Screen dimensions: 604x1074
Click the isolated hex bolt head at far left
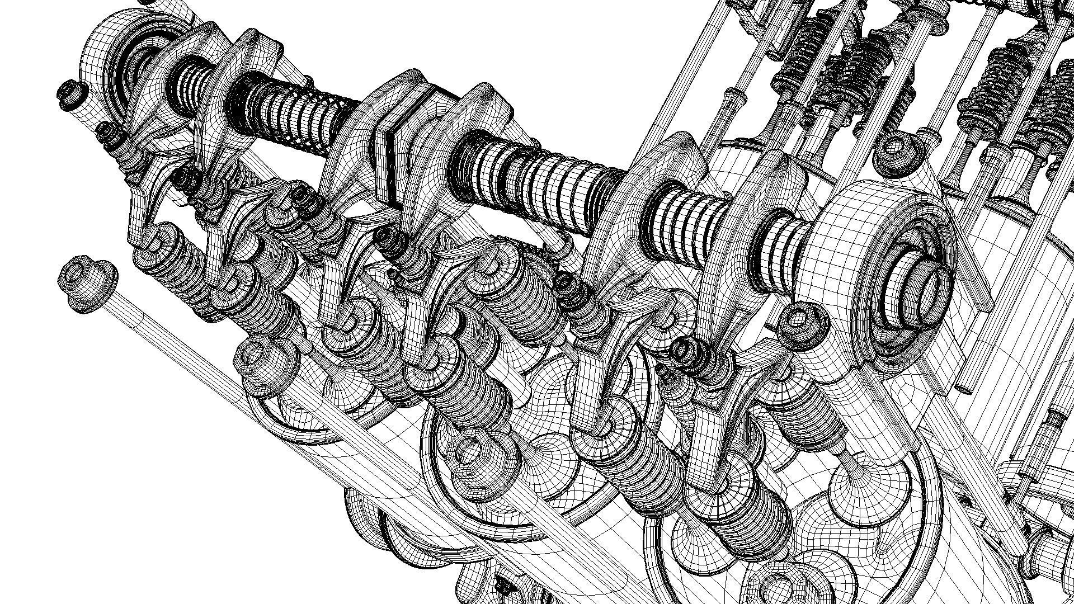tap(87, 282)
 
